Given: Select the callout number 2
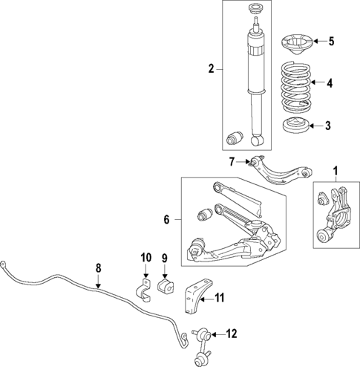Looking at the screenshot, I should (x=211, y=69).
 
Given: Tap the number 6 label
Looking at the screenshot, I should (x=167, y=220).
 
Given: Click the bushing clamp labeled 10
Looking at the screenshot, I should (x=144, y=289).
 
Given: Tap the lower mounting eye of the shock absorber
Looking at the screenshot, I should (x=259, y=138).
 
